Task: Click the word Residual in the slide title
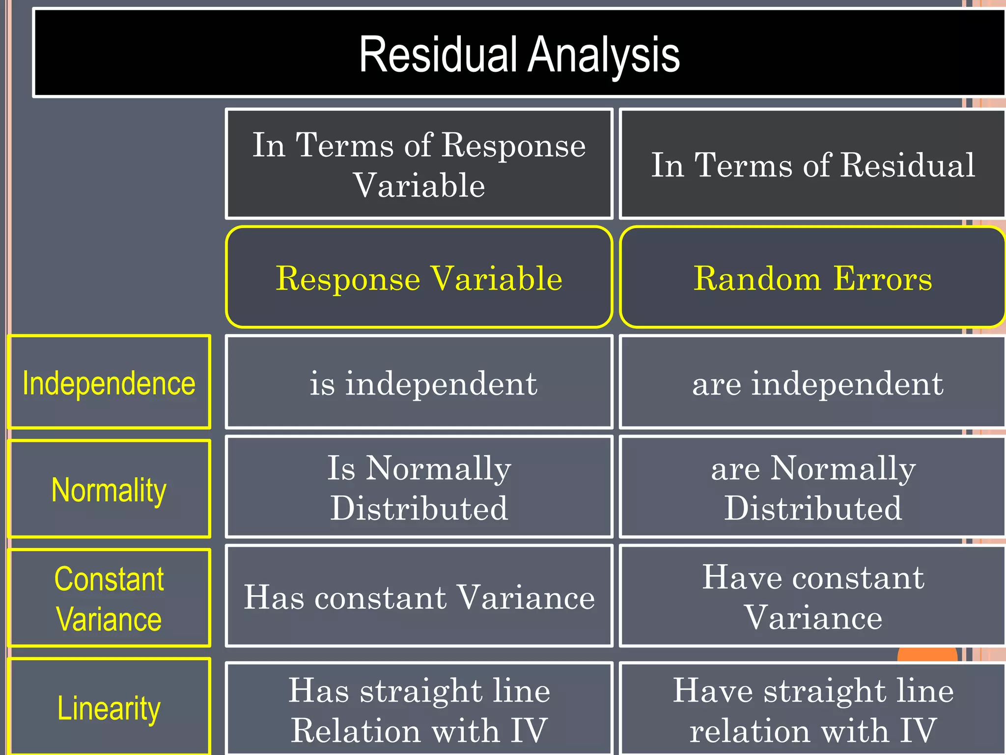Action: [x=438, y=55]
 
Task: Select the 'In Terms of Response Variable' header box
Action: [x=419, y=164]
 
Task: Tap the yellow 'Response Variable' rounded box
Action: [x=419, y=278]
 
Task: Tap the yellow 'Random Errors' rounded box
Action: [x=813, y=278]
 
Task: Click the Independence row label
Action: [x=109, y=383]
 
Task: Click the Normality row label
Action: [x=109, y=490]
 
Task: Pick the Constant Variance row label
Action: [x=109, y=598]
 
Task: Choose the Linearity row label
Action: [x=109, y=708]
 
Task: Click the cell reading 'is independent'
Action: [x=419, y=383]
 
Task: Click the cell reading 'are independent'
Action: [x=813, y=383]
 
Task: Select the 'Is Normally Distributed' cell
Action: [x=419, y=487]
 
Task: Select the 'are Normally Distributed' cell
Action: [x=813, y=487]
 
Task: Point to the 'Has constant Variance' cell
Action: [x=419, y=596]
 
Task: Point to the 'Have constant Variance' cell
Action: [x=813, y=596]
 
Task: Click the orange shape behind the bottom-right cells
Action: [x=927, y=655]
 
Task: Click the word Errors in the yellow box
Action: [x=882, y=278]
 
